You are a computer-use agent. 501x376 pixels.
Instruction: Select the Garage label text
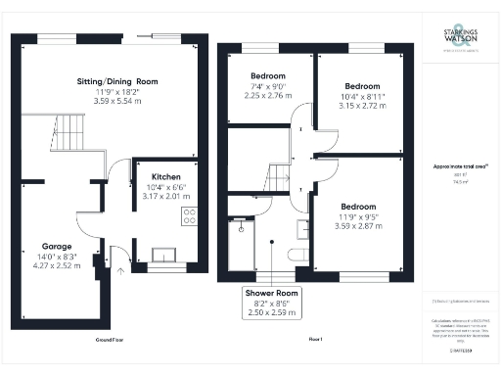tap(56, 246)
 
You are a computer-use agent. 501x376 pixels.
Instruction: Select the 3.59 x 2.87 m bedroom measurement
tap(359, 226)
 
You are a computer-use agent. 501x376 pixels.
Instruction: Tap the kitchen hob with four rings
tap(189, 217)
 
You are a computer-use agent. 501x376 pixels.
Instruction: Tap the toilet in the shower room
tap(301, 257)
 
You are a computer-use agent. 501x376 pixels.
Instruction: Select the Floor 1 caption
tap(315, 339)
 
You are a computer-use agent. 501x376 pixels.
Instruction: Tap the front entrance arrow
tap(119, 272)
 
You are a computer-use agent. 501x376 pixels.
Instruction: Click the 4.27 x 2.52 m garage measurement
tap(56, 264)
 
